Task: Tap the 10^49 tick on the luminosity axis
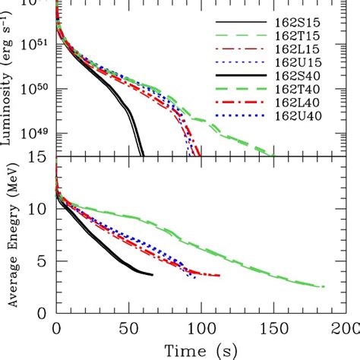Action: [38, 134]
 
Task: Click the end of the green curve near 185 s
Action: [324, 287]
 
